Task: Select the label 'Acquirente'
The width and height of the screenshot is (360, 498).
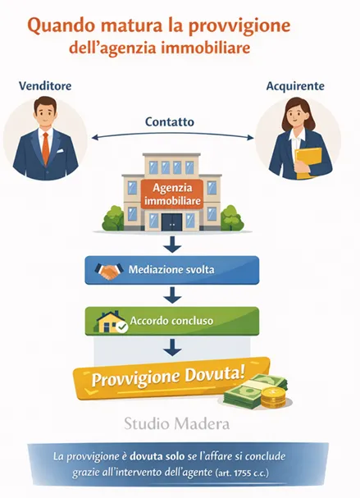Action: [x=296, y=85]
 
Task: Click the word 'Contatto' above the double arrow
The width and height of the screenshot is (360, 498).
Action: [x=170, y=121]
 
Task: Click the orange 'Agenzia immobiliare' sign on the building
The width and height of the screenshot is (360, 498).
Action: [x=171, y=192]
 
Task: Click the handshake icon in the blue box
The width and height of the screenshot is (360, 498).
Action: [x=110, y=269]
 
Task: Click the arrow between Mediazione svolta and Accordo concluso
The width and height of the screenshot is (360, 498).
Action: [x=172, y=294]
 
